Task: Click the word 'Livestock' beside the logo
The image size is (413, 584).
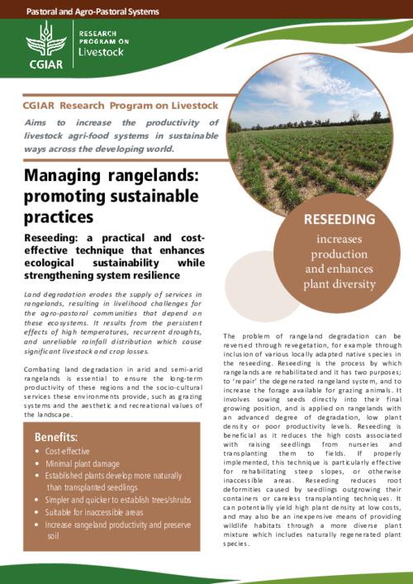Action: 101,52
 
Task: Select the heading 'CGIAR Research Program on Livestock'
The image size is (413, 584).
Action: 120,105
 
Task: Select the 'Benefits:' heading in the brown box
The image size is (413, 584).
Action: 57,436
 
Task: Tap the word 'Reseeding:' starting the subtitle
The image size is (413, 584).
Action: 51,238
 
